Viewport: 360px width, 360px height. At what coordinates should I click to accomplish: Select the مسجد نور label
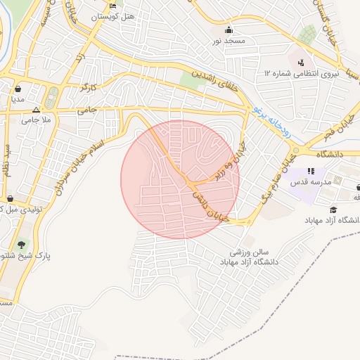coord(229,42)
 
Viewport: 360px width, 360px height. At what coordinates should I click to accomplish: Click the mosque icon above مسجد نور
coord(229,30)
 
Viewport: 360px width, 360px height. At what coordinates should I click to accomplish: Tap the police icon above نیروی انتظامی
coord(301,62)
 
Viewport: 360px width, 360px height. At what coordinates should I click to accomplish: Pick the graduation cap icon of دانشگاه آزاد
coord(333,209)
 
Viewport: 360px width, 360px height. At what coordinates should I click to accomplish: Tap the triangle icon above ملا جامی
coord(37,110)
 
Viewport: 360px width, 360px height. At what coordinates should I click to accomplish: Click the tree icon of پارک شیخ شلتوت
coord(22,245)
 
